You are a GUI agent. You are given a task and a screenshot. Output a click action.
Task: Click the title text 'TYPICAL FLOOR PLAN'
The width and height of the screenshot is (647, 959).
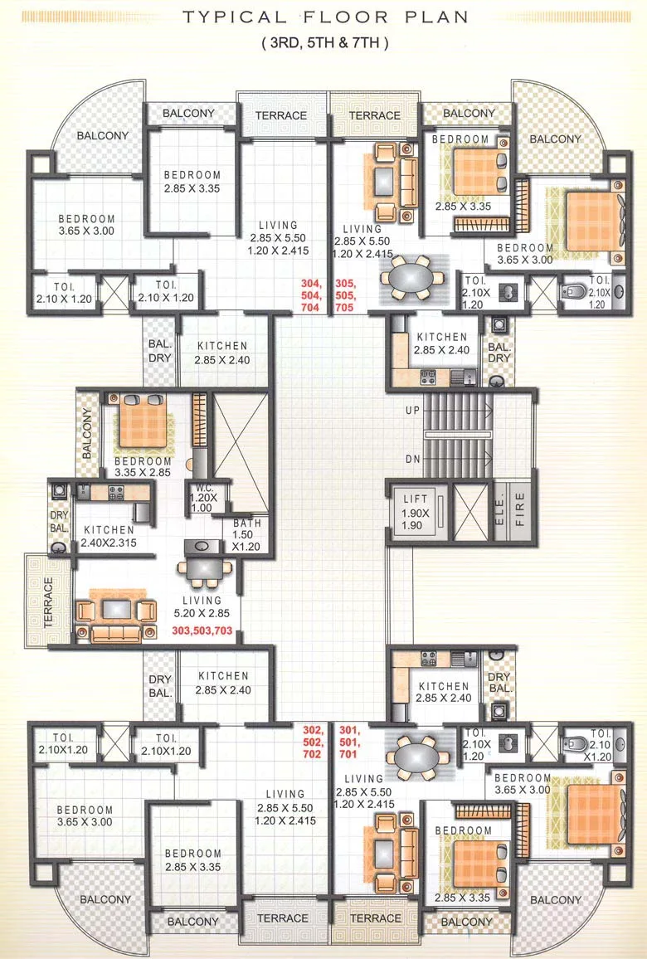coord(325,17)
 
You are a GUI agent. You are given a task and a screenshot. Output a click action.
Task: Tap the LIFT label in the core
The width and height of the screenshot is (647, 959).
coord(415,499)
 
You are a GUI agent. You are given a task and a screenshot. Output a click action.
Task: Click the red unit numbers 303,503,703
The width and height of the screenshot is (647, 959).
coord(202,631)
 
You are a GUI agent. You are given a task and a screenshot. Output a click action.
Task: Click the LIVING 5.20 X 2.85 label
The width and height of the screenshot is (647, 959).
coord(202,606)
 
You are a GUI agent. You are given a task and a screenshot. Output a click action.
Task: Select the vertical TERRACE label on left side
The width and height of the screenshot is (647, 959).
coord(47,599)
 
